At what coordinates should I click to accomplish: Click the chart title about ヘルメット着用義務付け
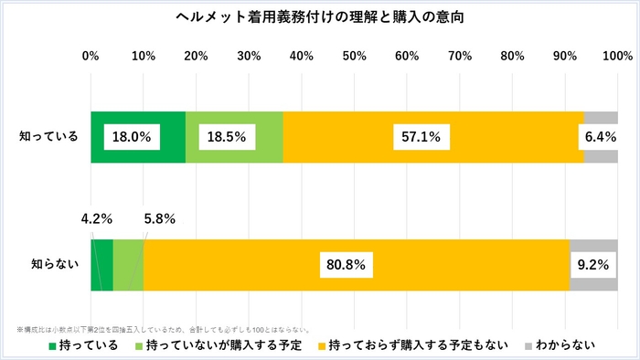coord(320,17)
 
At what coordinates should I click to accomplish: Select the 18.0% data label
coord(132,137)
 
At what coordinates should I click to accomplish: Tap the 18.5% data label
coord(228,137)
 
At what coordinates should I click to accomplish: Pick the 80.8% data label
coord(345,265)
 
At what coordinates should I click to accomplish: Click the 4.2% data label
coord(96,219)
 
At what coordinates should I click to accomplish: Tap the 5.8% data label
coord(159,219)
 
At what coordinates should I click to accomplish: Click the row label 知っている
coord(49,137)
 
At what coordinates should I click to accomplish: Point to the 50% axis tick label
coord(354,57)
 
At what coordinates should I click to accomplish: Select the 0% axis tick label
coord(91,57)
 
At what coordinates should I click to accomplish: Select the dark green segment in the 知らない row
coord(101,265)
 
